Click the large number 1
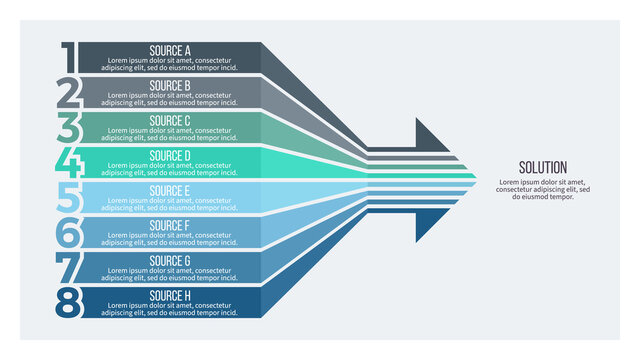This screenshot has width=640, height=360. click(68, 57)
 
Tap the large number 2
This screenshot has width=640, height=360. click(68, 92)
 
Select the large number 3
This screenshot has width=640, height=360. click(68, 127)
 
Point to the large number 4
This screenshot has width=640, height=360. click(68, 162)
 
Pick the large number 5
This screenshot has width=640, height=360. click(68, 197)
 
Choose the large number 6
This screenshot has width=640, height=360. click(68, 232)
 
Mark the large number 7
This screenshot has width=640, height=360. click(68, 267)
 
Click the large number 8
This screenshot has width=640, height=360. click(68, 302)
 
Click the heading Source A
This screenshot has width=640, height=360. click(170, 50)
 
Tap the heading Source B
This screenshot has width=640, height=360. click(170, 85)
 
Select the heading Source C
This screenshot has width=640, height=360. click(170, 120)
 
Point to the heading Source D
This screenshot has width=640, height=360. click(170, 155)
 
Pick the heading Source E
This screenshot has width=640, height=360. click(170, 190)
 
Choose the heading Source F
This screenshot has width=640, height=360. click(170, 225)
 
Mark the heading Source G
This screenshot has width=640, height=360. click(170, 260)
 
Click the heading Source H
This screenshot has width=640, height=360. click(170, 295)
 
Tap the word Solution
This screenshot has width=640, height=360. click(543, 167)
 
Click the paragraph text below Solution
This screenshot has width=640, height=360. click(543, 189)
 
